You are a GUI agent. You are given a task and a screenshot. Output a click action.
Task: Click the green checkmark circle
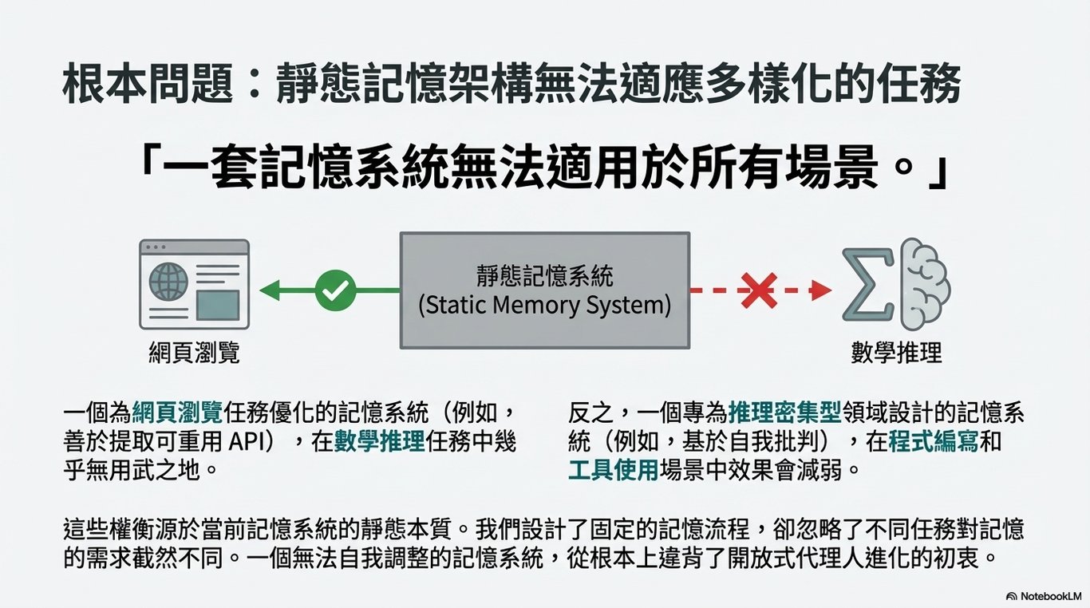click(x=335, y=290)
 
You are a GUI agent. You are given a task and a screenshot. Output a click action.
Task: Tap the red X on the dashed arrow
click(x=758, y=290)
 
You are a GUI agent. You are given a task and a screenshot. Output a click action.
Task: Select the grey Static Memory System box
click(x=544, y=290)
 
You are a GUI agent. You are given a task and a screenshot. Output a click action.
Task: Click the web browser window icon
click(x=194, y=284)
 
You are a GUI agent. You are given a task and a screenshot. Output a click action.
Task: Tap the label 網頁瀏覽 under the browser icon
click(x=194, y=352)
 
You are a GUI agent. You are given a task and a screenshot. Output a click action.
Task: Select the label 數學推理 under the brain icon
click(x=896, y=352)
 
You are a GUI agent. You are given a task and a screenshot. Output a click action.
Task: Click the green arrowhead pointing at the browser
click(x=270, y=290)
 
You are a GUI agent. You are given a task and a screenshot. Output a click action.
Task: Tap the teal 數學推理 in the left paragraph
click(x=379, y=441)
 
